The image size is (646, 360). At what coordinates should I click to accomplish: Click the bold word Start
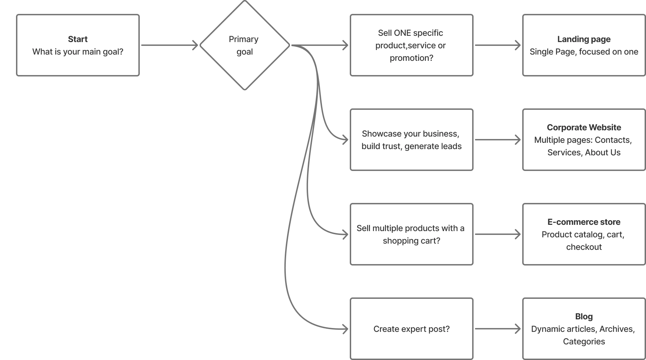[78, 39]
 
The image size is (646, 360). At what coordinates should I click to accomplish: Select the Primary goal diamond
[244, 46]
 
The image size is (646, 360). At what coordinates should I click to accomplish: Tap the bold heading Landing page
[584, 39]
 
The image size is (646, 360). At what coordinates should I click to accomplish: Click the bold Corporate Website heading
[584, 128]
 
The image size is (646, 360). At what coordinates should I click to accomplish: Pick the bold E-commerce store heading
[584, 222]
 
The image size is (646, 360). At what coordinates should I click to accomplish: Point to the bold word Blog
[584, 317]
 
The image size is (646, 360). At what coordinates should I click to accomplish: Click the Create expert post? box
[411, 329]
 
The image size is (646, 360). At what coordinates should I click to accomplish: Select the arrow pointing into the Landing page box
[497, 46]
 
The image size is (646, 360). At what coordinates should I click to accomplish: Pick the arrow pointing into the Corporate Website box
[497, 140]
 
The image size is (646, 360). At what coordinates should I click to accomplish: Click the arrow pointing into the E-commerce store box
[497, 235]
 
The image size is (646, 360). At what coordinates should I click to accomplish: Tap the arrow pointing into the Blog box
[497, 329]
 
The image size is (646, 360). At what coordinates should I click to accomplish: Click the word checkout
[584, 247]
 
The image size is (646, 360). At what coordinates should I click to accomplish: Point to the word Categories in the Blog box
[584, 342]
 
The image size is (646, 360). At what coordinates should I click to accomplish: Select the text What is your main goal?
[78, 52]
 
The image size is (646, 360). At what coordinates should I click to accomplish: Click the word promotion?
[411, 58]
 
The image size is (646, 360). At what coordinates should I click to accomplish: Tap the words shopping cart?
[411, 241]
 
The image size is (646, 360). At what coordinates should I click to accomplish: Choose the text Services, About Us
[584, 153]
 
